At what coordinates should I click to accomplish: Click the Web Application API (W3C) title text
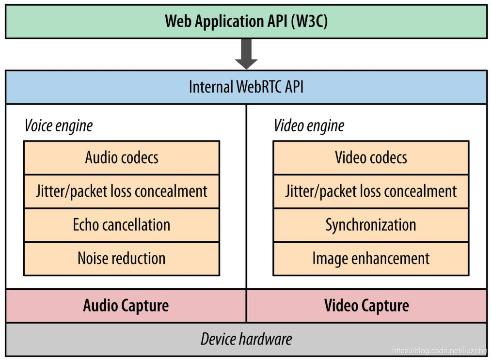[x=246, y=21]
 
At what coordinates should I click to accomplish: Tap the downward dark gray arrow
[x=246, y=54]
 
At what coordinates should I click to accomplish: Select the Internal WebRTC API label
[x=246, y=87]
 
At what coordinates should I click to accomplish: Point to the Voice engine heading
[x=58, y=126]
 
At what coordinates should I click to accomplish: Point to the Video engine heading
[x=309, y=126]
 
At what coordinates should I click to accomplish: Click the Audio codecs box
[x=122, y=157]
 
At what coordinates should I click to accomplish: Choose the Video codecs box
[x=371, y=157]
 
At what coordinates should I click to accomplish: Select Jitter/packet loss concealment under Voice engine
[x=122, y=191]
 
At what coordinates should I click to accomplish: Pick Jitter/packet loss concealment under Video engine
[x=371, y=191]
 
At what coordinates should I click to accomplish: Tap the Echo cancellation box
[x=122, y=225]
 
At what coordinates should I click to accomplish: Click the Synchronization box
[x=371, y=225]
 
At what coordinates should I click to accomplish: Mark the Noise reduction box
[x=122, y=258]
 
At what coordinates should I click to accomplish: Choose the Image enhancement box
[x=371, y=258]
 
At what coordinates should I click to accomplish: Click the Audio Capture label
[x=126, y=306]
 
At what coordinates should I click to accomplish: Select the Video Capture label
[x=366, y=306]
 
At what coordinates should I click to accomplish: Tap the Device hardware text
[x=246, y=339]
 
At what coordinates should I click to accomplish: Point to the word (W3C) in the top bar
[x=309, y=21]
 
